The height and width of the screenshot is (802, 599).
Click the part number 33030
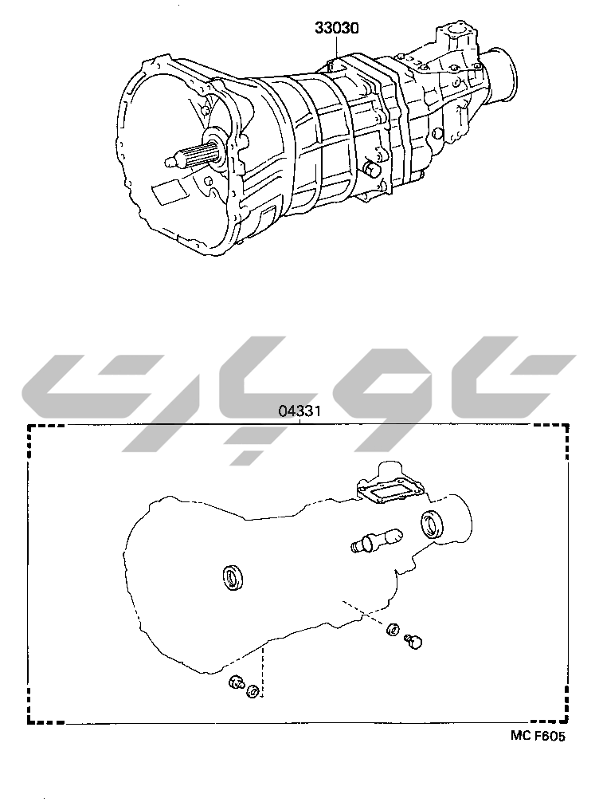[336, 28]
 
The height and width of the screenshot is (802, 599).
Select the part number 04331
[299, 411]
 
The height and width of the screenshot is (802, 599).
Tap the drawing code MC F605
[538, 737]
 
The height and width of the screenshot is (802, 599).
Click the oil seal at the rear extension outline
[432, 525]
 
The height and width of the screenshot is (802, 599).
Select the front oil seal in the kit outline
[235, 578]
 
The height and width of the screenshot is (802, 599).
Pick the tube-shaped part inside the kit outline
[376, 541]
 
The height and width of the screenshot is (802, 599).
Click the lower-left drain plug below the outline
[236, 683]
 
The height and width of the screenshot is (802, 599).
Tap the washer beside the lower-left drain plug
[253, 691]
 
